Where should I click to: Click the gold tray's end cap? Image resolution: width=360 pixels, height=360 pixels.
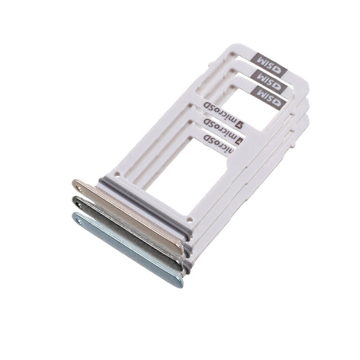[128, 216]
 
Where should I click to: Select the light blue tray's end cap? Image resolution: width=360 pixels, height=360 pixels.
[128, 249]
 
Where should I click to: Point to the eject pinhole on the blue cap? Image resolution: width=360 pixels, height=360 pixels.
[80, 222]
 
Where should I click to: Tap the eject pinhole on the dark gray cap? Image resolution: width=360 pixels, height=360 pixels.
[80, 205]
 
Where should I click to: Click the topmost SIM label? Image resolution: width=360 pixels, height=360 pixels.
[269, 65]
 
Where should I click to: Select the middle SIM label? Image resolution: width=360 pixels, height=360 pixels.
[269, 82]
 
